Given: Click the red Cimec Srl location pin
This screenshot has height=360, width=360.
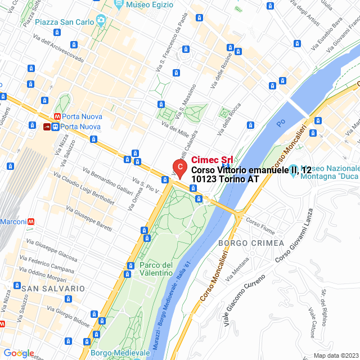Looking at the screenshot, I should pyautogui.click(x=179, y=167).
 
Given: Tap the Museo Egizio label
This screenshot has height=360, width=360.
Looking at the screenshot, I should pyautogui.click(x=148, y=4).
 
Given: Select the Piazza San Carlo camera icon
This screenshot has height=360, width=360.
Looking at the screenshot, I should pyautogui.click(x=101, y=21).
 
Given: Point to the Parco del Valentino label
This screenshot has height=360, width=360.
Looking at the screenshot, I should pyautogui.click(x=156, y=269).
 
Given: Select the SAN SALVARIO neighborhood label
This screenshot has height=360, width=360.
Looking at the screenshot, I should pyautogui.click(x=53, y=288).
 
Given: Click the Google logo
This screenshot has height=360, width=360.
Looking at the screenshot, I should pyautogui.click(x=19, y=353).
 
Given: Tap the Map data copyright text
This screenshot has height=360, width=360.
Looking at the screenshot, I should pyautogui.click(x=335, y=355).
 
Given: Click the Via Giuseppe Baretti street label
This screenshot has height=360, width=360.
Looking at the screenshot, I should pyautogui.click(x=88, y=219).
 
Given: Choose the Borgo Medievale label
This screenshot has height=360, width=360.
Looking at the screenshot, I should pyautogui.click(x=116, y=353).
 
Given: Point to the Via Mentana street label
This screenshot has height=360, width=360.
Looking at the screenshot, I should pyautogui.click(x=237, y=269).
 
